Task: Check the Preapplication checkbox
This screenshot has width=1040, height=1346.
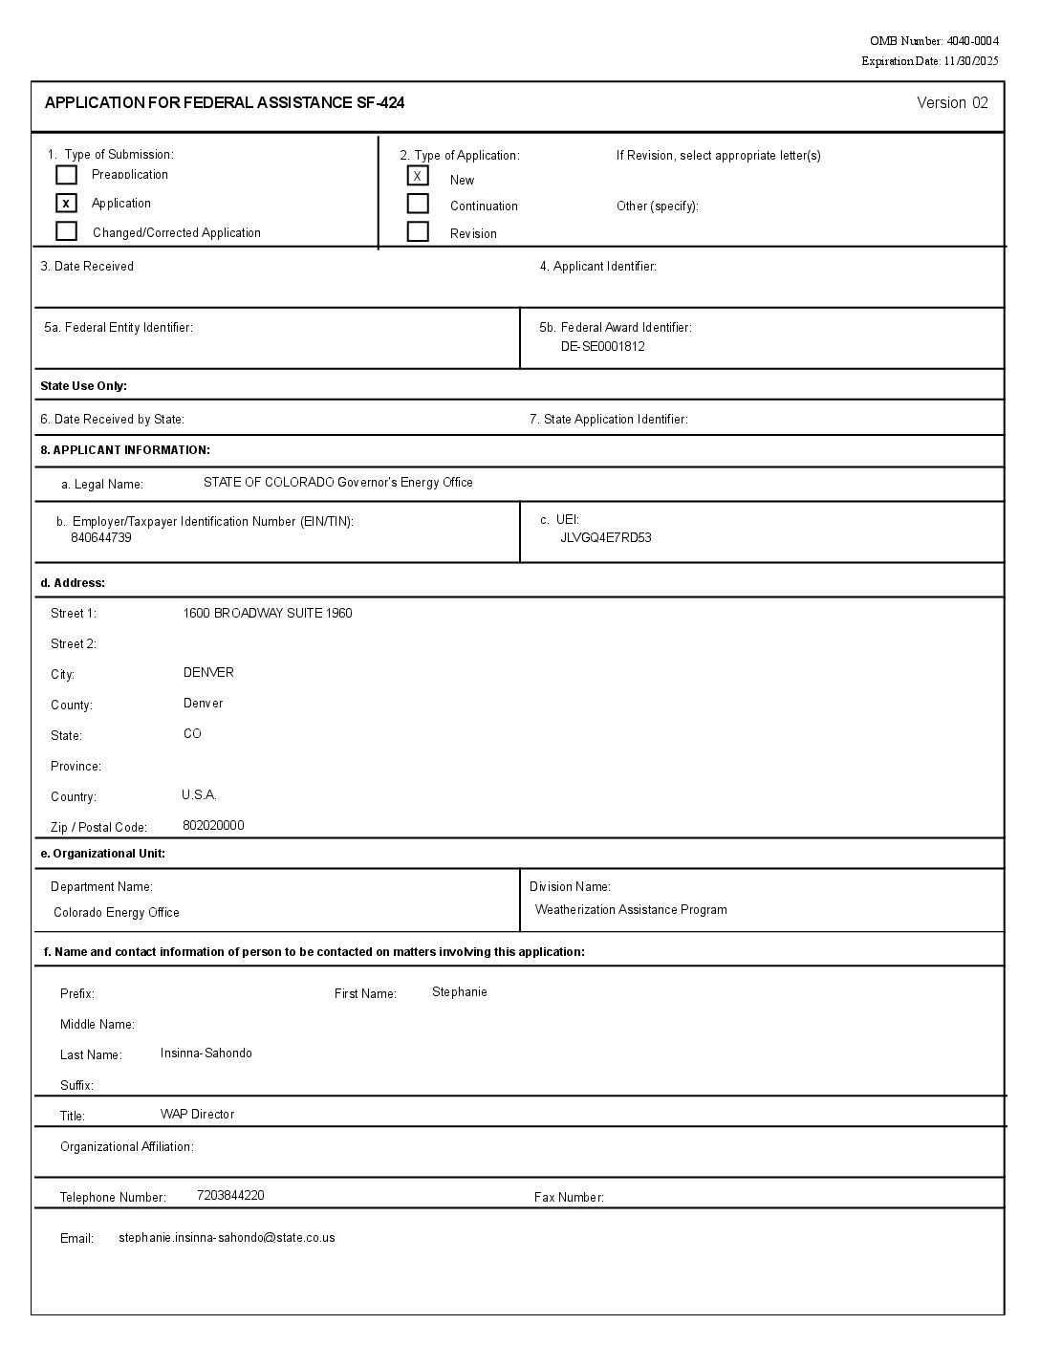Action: tap(66, 175)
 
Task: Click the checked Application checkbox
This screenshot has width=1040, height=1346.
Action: tap(66, 203)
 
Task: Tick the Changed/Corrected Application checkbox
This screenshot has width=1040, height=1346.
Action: tap(66, 231)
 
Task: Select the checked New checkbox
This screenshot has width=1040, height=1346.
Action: tap(418, 176)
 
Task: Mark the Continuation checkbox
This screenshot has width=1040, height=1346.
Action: tap(418, 204)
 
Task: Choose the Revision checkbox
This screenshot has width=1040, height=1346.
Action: tap(418, 231)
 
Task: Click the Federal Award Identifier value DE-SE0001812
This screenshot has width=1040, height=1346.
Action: tap(602, 346)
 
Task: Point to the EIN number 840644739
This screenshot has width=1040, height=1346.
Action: tap(100, 537)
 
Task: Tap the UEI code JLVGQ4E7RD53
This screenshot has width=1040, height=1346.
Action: tap(605, 537)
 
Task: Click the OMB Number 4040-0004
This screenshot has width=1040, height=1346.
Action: tap(972, 41)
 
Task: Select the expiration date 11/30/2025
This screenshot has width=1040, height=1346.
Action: tap(970, 61)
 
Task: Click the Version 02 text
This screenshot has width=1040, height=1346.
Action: tap(952, 103)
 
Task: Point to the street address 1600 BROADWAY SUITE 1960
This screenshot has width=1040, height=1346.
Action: tap(267, 613)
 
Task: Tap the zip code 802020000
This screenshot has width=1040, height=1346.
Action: tap(213, 825)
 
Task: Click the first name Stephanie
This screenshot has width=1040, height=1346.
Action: tap(459, 991)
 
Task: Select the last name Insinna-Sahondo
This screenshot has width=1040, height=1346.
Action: tap(206, 1053)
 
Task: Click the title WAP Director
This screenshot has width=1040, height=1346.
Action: tap(197, 1114)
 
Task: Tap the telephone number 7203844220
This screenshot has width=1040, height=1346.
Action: tap(230, 1195)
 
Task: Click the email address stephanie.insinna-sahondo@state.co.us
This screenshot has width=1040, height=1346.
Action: tap(227, 1237)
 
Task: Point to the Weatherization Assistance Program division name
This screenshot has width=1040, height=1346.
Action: tap(631, 909)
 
